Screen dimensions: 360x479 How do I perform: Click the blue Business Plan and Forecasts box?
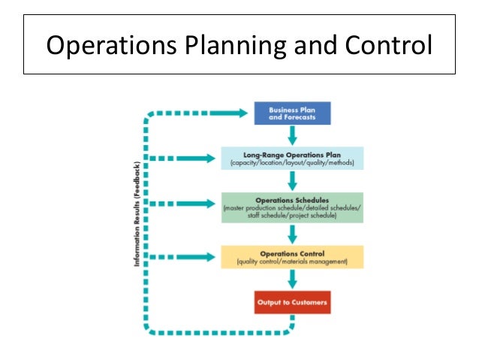(x=292, y=113)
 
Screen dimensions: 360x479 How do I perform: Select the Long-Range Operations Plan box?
(x=292, y=159)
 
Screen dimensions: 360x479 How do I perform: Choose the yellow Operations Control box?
(x=292, y=257)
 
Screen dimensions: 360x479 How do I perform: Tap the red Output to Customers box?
(x=292, y=302)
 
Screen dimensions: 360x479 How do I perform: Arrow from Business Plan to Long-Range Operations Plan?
(x=292, y=136)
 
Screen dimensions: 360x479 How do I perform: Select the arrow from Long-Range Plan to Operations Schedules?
(x=292, y=181)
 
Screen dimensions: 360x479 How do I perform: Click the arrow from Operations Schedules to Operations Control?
(x=292, y=234)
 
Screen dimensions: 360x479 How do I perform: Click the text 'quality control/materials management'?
(x=292, y=262)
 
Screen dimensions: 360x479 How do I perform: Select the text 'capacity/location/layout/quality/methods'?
(x=292, y=163)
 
